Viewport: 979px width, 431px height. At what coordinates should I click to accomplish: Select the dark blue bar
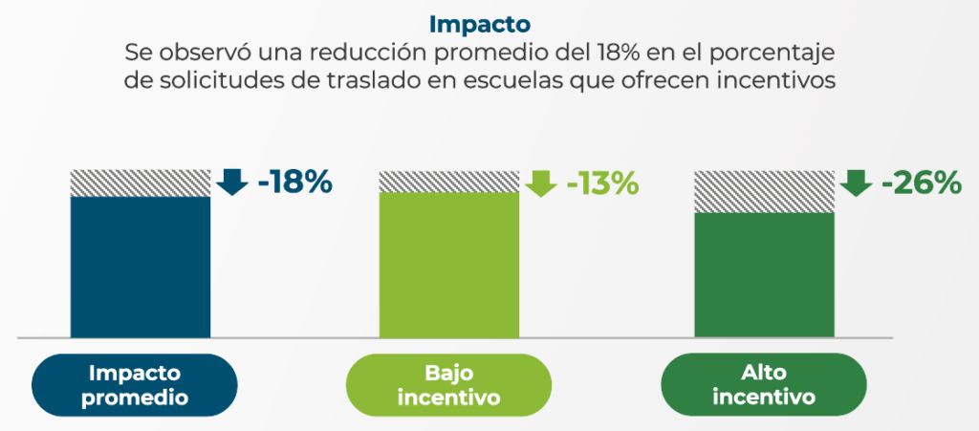pos(141,267)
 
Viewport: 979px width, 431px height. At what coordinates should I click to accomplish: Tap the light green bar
pos(448,265)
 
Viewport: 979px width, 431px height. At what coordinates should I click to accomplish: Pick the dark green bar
pos(763,274)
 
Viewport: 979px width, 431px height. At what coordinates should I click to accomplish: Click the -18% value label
pos(294,182)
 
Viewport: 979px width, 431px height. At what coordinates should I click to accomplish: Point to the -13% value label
pos(602,182)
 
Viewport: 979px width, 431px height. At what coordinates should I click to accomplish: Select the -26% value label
pos(921,182)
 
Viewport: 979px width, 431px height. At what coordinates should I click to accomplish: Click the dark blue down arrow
pos(231,182)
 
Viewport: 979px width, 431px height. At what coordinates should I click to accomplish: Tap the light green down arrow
pos(541,182)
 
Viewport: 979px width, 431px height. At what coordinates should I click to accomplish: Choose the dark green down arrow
pos(857,182)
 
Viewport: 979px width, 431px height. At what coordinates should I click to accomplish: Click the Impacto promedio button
pos(135,385)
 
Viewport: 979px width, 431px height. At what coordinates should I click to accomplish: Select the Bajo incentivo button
pos(448,385)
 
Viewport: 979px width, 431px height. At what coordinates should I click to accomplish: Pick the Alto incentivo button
pos(764,385)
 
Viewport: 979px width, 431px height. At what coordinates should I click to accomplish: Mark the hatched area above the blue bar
pos(141,183)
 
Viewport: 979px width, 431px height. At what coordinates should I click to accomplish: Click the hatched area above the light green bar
pos(448,181)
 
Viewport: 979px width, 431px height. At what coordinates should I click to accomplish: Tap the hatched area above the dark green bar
pos(763,191)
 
